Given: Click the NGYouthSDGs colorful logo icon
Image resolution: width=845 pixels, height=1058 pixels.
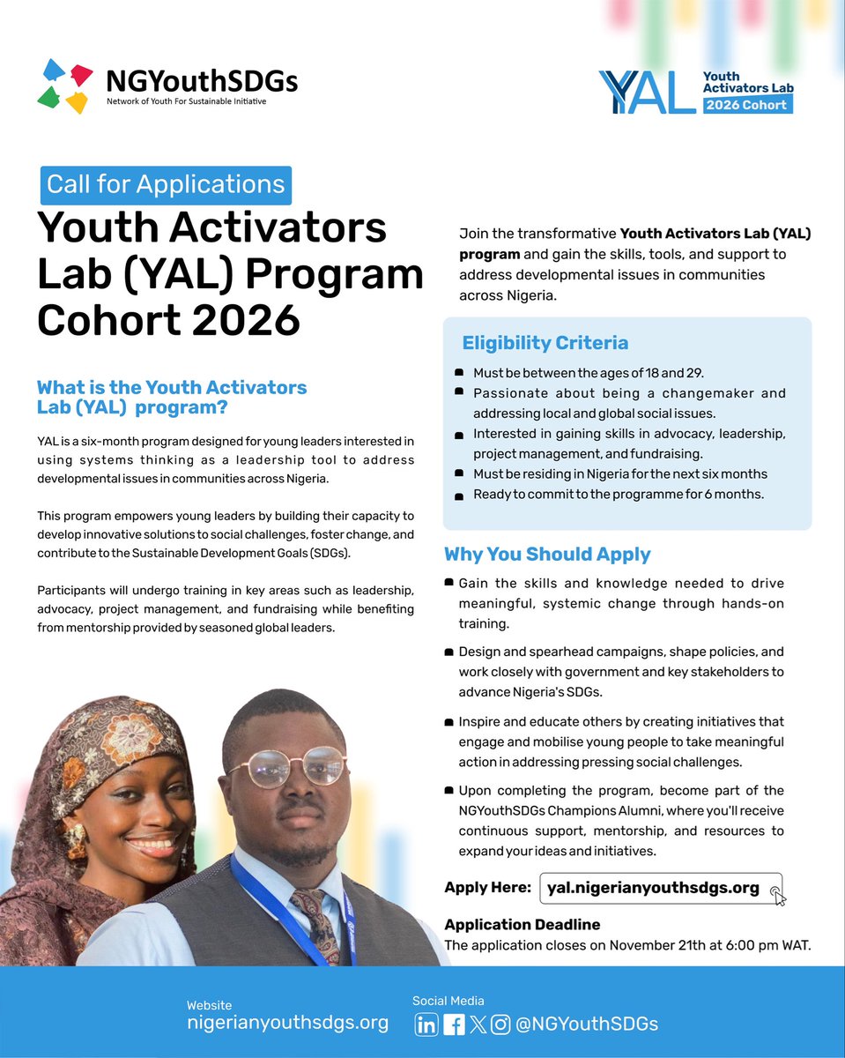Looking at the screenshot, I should click(x=66, y=86).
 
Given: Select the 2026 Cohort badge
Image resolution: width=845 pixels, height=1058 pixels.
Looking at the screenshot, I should click(x=747, y=104).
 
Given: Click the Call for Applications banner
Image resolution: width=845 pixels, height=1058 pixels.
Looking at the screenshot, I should click(x=166, y=184).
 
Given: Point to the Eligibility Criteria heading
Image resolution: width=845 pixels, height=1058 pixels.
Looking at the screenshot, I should click(x=545, y=343).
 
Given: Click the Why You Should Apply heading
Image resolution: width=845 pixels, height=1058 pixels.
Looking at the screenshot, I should click(x=547, y=555).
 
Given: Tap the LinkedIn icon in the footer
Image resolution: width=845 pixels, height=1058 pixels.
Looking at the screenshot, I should click(x=426, y=1024).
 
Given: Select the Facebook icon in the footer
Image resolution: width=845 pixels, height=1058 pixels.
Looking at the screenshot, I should click(x=454, y=1024).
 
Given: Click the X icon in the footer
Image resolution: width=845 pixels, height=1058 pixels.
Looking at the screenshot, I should click(x=478, y=1024).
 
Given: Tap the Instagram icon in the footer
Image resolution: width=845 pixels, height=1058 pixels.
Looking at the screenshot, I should click(x=500, y=1024).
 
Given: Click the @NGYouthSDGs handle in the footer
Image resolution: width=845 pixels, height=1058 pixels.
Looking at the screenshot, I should click(x=587, y=1024).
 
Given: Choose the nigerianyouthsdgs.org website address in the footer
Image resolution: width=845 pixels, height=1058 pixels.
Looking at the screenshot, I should click(x=287, y=1023).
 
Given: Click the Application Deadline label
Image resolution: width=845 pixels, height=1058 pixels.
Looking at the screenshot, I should click(x=522, y=925).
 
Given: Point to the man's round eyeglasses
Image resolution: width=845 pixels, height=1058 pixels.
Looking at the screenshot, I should click(x=288, y=764).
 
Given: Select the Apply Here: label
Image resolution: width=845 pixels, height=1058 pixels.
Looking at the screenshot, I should click(x=487, y=888).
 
